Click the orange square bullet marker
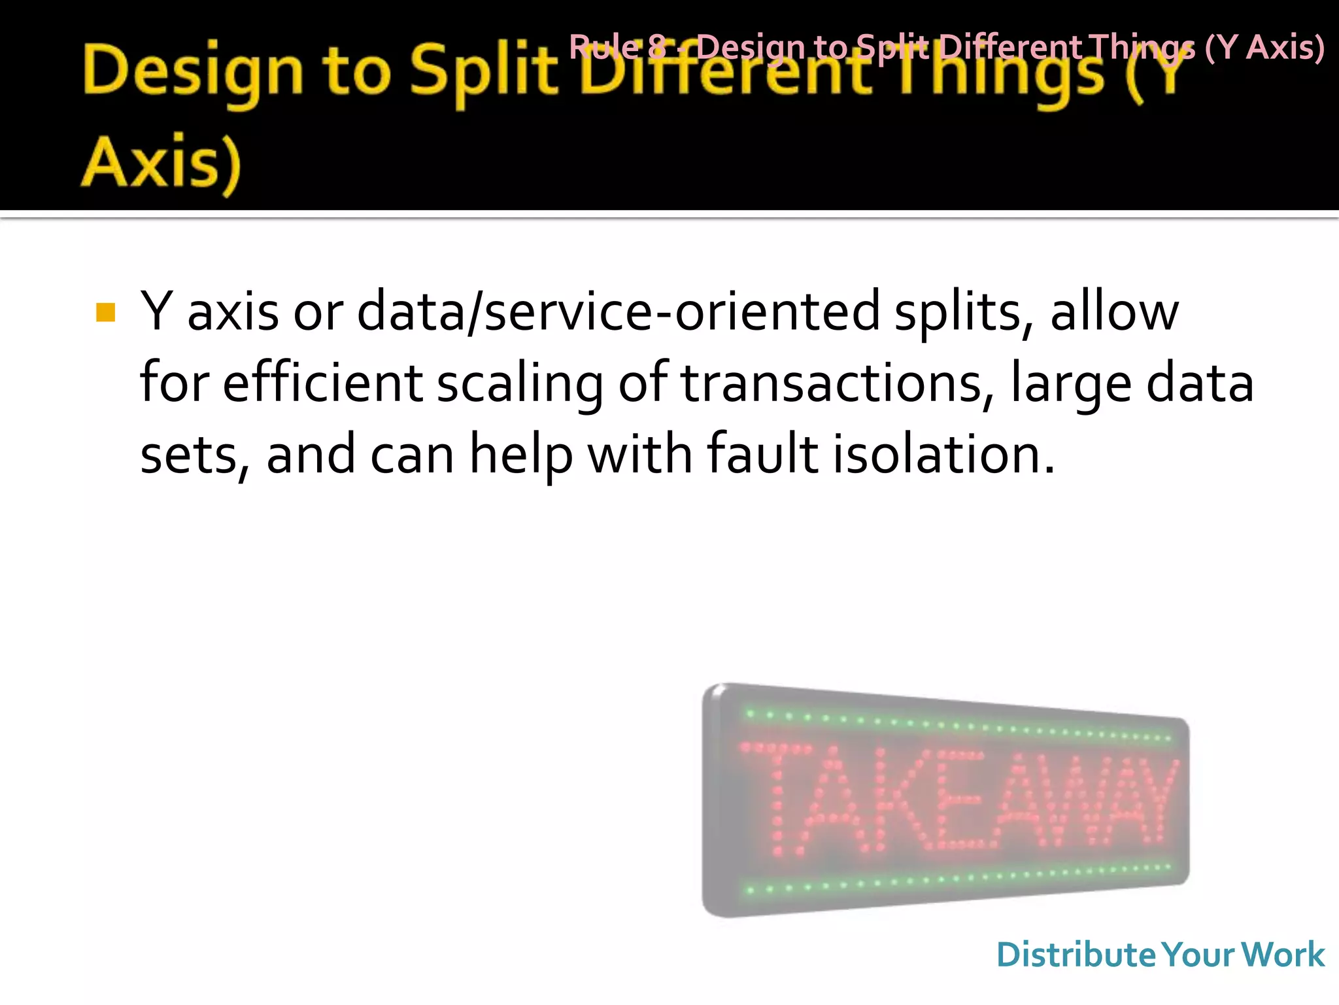tap(105, 313)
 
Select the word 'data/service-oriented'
tap(619, 311)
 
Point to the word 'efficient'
tap(323, 383)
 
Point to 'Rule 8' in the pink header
tap(617, 47)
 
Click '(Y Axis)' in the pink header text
tap(1264, 47)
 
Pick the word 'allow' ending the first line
tap(1114, 311)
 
